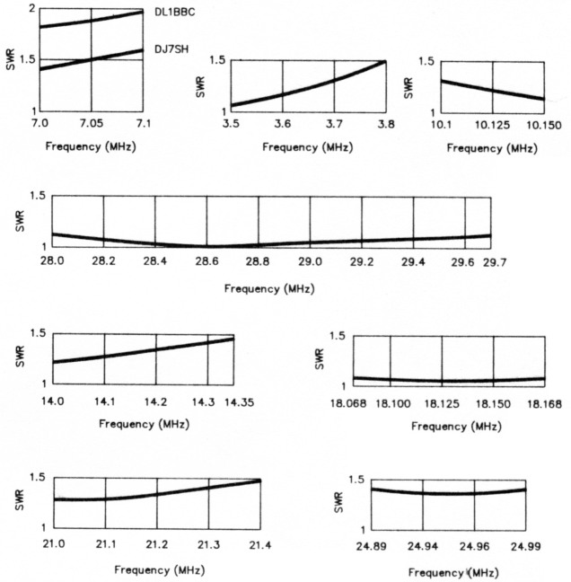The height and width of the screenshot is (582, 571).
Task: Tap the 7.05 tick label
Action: point(91,121)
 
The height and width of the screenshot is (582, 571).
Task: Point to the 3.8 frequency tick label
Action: point(385,123)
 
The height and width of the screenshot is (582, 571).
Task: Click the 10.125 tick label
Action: point(488,123)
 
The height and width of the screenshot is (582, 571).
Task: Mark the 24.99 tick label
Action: point(525,545)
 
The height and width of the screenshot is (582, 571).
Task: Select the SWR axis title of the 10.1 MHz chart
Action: point(409,87)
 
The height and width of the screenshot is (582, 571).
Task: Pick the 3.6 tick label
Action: point(283,123)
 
